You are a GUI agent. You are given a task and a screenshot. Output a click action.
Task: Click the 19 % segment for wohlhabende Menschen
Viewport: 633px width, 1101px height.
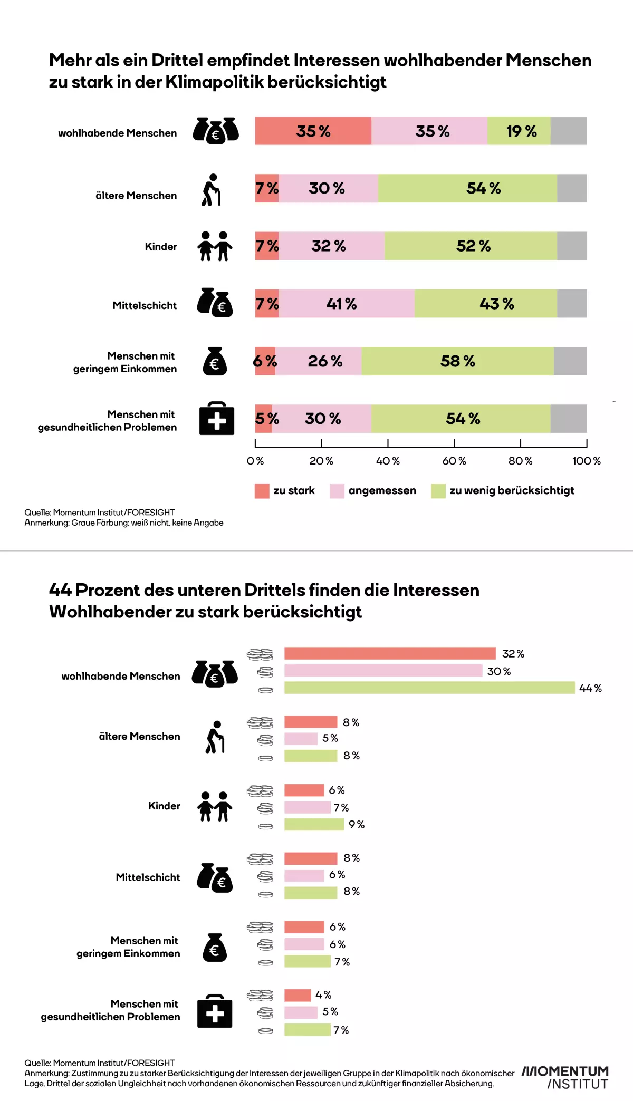tap(519, 131)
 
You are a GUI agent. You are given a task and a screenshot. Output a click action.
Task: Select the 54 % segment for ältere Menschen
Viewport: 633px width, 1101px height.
tap(467, 188)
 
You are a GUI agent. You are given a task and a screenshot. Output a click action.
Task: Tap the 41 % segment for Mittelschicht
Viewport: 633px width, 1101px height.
tap(347, 304)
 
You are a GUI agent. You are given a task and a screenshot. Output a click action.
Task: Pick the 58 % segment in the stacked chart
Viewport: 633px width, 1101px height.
tap(457, 361)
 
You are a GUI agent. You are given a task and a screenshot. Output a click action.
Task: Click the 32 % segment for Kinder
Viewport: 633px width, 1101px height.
tap(332, 246)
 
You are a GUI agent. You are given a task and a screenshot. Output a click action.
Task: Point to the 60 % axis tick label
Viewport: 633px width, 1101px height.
tap(454, 461)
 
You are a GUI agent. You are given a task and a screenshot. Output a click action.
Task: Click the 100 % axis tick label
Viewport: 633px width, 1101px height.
tap(587, 461)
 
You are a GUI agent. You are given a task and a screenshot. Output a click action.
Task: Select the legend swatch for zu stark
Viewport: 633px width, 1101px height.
tap(262, 491)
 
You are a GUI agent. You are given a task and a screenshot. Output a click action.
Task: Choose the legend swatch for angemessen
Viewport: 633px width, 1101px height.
tap(337, 491)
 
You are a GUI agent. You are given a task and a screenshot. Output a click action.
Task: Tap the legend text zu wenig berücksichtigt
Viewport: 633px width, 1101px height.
tap(512, 491)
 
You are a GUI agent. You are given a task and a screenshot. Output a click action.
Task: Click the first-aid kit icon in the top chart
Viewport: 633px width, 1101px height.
tap(216, 419)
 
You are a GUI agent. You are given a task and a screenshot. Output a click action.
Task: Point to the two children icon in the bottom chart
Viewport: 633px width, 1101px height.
tap(215, 806)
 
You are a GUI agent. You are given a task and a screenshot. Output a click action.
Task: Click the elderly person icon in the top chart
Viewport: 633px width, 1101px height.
tap(211, 190)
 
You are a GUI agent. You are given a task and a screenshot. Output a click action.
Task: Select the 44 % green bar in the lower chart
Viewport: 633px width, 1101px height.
tap(429, 688)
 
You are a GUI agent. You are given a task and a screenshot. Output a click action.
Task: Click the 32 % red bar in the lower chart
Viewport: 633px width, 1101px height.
tap(390, 653)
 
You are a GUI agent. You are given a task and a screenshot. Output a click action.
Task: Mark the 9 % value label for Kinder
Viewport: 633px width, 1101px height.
tap(357, 825)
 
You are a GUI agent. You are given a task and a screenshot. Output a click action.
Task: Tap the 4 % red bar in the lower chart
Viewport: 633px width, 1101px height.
tap(298, 995)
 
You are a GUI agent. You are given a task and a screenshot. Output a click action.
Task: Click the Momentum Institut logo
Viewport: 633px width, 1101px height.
tap(565, 1077)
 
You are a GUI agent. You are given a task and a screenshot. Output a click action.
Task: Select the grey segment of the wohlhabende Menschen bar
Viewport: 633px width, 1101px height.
tap(569, 131)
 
